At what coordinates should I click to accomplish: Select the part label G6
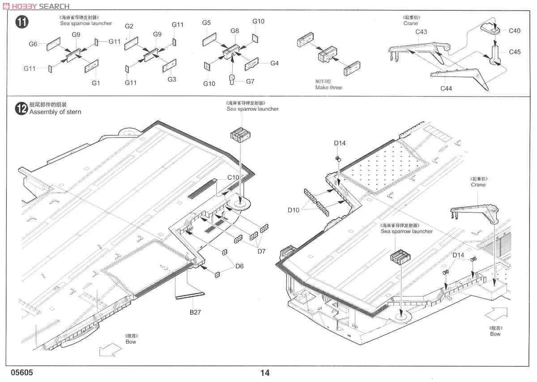coord(33,44)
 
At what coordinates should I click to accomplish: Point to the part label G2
coord(129,26)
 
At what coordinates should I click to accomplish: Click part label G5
coord(206,22)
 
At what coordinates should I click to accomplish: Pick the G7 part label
coord(250,81)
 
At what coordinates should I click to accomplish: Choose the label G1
coord(96,83)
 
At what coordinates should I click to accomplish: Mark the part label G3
coord(172,79)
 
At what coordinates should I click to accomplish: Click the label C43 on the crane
coord(421,31)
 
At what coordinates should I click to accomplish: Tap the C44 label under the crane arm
coord(446,88)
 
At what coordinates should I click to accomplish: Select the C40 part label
coord(515,31)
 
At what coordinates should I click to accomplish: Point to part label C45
coord(515,52)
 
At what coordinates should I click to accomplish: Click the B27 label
coord(195,312)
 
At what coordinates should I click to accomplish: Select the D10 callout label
coord(294,210)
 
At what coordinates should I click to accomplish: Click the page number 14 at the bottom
coord(264,373)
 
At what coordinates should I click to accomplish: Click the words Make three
coord(328,88)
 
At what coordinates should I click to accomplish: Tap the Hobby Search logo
coord(35,6)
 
